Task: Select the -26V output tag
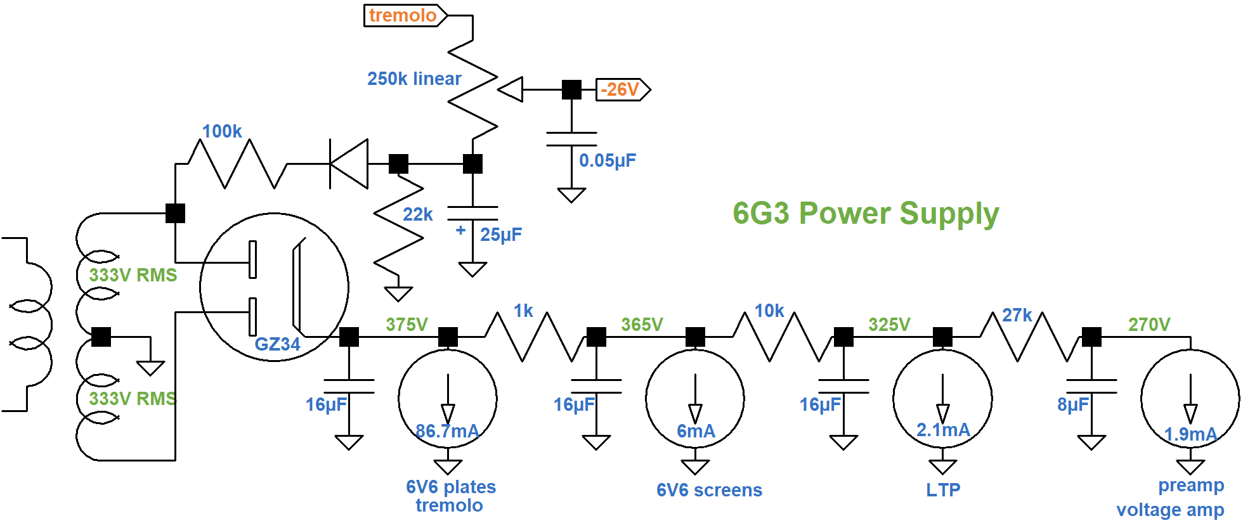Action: (x=621, y=89)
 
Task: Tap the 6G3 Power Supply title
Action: (x=866, y=214)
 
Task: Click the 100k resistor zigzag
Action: (x=238, y=164)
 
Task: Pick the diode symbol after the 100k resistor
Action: (x=349, y=164)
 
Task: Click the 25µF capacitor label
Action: (x=501, y=235)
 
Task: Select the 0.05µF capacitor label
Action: (x=607, y=160)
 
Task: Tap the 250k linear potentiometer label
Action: (x=414, y=79)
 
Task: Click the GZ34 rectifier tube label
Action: (x=277, y=344)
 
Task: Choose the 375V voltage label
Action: (x=407, y=325)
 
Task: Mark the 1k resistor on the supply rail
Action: (x=535, y=337)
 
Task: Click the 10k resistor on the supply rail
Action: (x=782, y=337)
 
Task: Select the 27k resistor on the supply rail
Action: (x=1030, y=337)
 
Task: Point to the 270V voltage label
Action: (x=1149, y=325)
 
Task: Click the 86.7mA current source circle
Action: (x=448, y=399)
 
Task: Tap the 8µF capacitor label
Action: (x=1072, y=404)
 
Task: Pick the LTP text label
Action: (x=943, y=490)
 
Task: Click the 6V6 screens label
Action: (x=709, y=490)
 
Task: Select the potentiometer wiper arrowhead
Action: (x=511, y=89)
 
